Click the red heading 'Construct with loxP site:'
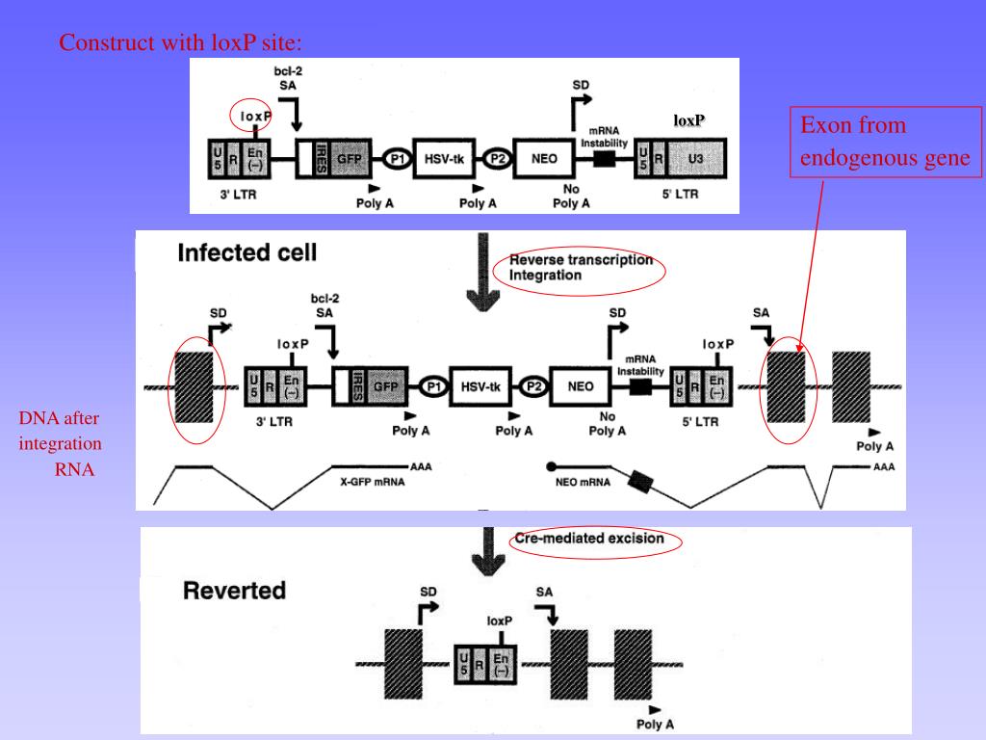[180, 42]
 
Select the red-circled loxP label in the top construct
[255, 117]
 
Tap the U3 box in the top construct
[696, 159]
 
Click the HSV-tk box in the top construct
[444, 159]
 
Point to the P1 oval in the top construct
[398, 159]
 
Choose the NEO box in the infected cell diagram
[581, 386]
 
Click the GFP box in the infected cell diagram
[385, 386]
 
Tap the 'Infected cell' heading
[247, 253]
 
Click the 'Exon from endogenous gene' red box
[886, 142]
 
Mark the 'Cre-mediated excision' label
[589, 539]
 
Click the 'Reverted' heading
[235, 591]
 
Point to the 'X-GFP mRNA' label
[373, 482]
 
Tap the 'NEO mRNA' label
[583, 482]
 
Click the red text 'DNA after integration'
[60, 431]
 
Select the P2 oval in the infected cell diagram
[533, 386]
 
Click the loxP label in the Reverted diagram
[500, 621]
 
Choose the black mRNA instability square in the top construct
[605, 159]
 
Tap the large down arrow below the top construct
[483, 272]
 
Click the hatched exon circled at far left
[194, 387]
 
